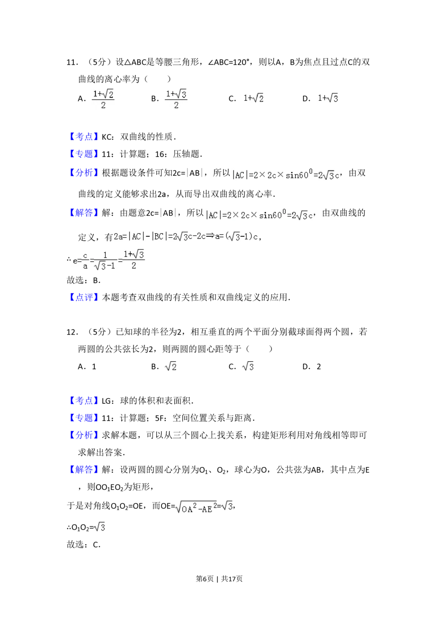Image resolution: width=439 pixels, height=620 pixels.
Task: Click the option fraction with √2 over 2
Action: pyautogui.click(x=103, y=100)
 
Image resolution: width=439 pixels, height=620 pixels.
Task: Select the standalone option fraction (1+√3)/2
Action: pyautogui.click(x=176, y=100)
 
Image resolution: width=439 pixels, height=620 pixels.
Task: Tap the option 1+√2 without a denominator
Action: pyautogui.click(x=252, y=98)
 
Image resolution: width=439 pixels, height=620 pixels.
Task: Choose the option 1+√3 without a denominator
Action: pyautogui.click(x=328, y=98)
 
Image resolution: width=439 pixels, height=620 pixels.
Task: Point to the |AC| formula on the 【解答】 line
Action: pyautogui.click(x=260, y=215)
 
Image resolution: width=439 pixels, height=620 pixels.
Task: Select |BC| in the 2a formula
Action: pyautogui.click(x=158, y=237)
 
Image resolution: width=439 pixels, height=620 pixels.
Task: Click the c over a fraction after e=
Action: pyautogui.click(x=85, y=261)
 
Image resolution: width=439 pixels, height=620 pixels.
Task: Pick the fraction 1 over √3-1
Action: pyautogui.click(x=105, y=261)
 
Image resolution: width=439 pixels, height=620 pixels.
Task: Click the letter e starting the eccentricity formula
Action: pyautogui.click(x=75, y=260)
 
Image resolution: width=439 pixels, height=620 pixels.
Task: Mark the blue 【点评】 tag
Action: pyautogui.click(x=84, y=297)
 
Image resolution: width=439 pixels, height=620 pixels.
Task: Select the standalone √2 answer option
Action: pyautogui.click(x=170, y=365)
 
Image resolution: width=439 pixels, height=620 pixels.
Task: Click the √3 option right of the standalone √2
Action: pyautogui.click(x=248, y=365)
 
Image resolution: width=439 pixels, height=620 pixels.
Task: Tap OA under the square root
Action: pyautogui.click(x=187, y=509)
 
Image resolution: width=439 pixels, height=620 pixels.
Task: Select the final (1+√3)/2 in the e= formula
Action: pyautogui.click(x=134, y=260)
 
